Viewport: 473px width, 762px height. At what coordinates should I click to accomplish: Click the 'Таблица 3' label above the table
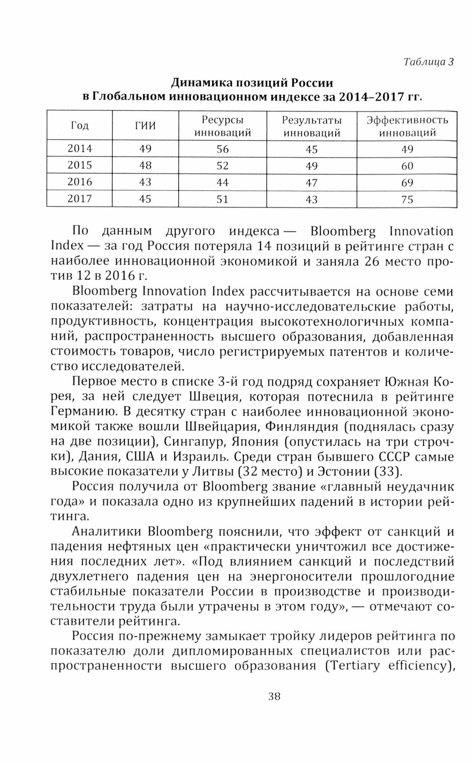pos(428,62)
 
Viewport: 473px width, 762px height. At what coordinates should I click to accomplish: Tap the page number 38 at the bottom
pos(274,696)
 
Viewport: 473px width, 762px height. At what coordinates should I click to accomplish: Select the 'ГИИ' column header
pos(145,126)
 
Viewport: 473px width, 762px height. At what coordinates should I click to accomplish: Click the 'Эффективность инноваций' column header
pos(407,126)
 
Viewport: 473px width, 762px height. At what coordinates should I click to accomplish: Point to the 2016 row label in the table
pos(80,182)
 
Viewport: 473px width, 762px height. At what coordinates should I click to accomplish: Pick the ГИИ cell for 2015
pos(145,165)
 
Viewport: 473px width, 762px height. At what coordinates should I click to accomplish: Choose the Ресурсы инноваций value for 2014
pos(222,149)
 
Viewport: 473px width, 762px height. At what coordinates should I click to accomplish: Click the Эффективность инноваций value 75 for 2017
pos(407,199)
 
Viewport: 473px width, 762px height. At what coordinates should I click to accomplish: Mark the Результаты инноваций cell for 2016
pos(312,182)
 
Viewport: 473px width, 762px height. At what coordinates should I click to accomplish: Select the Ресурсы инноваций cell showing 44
pos(222,182)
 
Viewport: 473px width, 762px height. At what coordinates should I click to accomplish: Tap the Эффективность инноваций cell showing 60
pos(407,166)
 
